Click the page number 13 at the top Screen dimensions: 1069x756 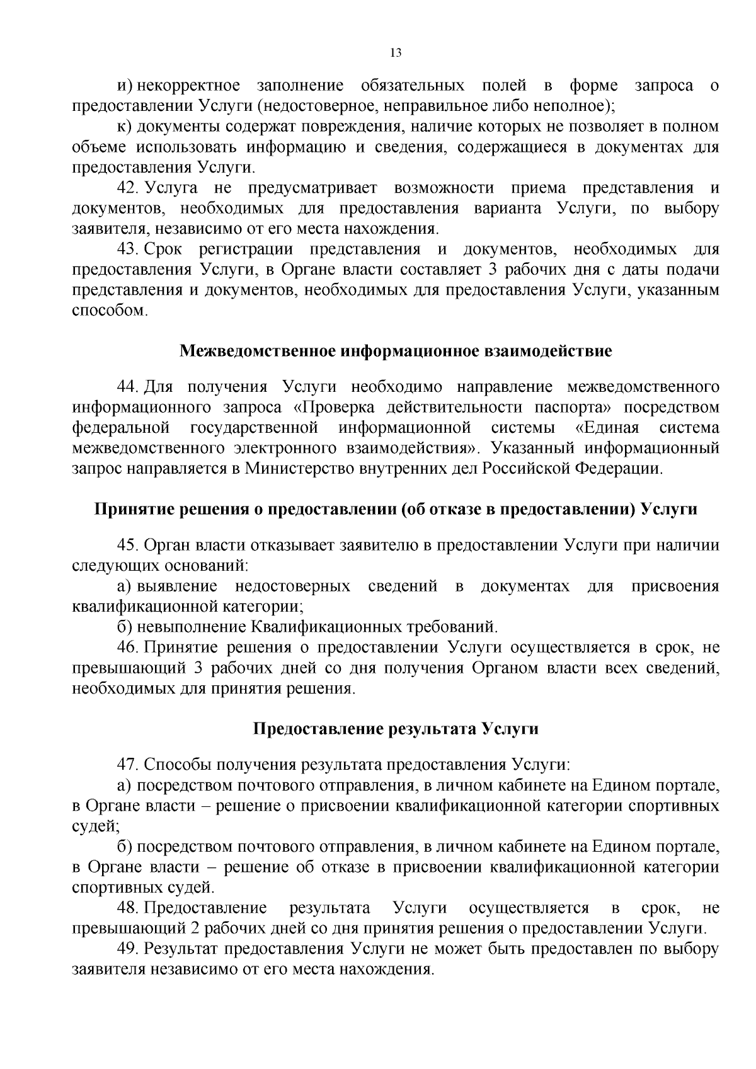click(396, 52)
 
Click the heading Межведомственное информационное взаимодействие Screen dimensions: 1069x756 click(396, 351)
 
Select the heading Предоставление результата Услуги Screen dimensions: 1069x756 click(396, 729)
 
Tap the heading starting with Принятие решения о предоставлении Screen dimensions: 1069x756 click(396, 509)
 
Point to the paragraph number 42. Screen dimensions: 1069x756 click(128, 188)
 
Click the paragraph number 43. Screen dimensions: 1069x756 click(128, 249)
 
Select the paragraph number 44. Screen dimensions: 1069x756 click(128, 386)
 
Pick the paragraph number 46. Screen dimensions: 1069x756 click(128, 647)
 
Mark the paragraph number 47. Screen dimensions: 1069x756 click(128, 765)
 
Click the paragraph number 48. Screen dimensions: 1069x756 click(128, 908)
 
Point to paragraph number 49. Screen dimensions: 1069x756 click(128, 949)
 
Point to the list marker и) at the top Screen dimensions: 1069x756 click(125, 85)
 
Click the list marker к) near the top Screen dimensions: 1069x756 click(125, 127)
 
